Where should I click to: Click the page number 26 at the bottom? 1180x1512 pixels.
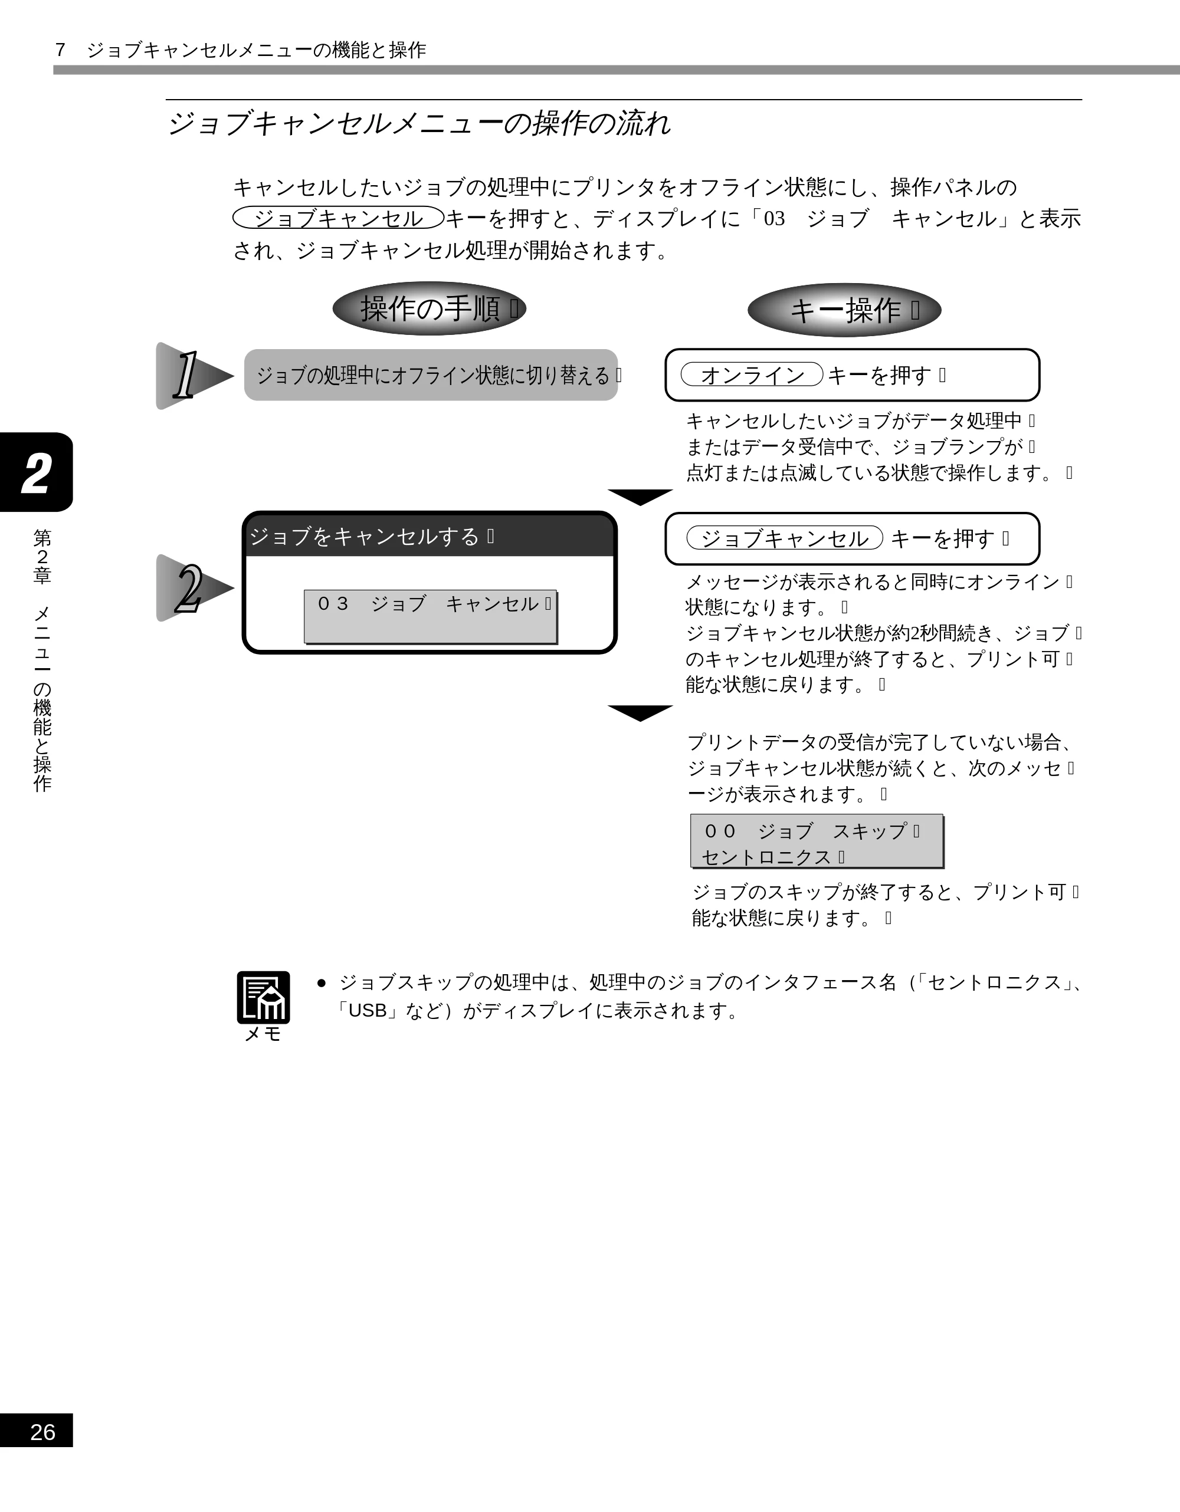pos(42,1432)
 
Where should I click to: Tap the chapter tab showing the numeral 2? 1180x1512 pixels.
pos(36,472)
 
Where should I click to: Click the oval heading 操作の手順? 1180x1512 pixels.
pos(430,308)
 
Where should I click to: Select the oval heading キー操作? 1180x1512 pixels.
pos(844,310)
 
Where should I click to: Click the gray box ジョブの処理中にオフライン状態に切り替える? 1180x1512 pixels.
pos(431,374)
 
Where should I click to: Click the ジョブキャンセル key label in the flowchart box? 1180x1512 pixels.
pos(785,538)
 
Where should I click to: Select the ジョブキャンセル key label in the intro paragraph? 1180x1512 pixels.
pos(339,218)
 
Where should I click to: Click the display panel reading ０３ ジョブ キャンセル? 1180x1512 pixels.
pos(430,616)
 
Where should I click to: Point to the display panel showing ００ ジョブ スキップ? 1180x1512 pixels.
pos(817,840)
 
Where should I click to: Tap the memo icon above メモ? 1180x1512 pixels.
pos(263,997)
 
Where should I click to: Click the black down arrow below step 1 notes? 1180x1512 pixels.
pos(640,497)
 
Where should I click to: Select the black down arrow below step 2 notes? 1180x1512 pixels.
pos(640,713)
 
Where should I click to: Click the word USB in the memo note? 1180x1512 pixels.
pos(367,1011)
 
